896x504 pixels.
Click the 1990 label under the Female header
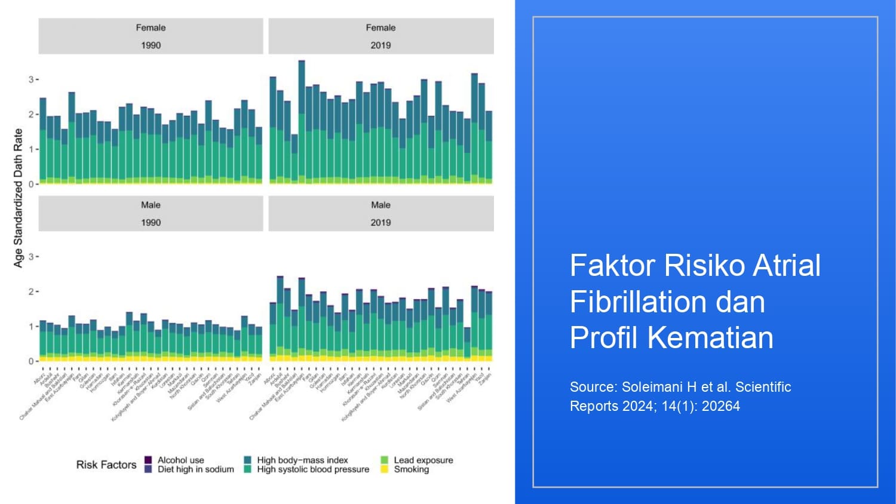[x=151, y=45]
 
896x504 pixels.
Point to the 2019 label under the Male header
[x=381, y=222]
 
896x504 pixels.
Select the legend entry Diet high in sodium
[x=195, y=469]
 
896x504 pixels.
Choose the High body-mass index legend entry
[x=302, y=460]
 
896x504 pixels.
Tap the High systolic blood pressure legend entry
[x=313, y=469]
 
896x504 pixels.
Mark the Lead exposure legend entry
[x=423, y=460]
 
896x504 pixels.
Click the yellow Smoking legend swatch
[x=384, y=469]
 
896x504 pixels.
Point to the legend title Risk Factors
[x=106, y=465]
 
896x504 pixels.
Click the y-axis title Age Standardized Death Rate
[x=18, y=198]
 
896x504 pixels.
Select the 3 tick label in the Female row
[x=31, y=79]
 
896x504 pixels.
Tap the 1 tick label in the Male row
[x=31, y=327]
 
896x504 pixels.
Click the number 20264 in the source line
[x=720, y=406]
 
